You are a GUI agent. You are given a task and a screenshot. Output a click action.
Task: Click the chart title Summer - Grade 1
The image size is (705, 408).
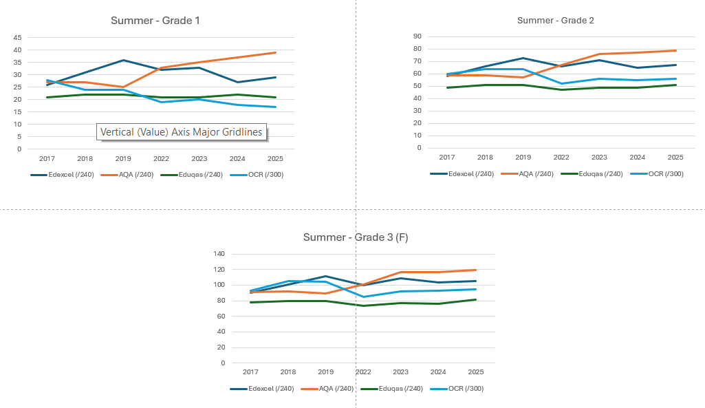tap(155, 21)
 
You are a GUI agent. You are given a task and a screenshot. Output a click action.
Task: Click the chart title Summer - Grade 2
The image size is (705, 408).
tap(555, 20)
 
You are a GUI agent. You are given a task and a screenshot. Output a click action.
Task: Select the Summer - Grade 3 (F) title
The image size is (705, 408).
tap(356, 237)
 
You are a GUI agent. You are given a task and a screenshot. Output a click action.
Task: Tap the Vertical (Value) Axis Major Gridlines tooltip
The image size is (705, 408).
tap(182, 132)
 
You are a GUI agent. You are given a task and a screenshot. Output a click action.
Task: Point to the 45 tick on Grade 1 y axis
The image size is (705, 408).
tap(17, 38)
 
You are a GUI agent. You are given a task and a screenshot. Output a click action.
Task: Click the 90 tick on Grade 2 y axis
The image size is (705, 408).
tap(417, 36)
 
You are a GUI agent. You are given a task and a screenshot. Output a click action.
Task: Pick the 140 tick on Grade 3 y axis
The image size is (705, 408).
tap(219, 254)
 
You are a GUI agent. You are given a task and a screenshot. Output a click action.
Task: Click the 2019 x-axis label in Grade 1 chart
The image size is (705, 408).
tap(123, 158)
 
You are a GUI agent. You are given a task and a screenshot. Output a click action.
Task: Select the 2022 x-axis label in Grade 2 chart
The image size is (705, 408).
tap(562, 157)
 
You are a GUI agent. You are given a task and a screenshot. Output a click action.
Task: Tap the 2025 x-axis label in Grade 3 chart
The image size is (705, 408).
tap(475, 372)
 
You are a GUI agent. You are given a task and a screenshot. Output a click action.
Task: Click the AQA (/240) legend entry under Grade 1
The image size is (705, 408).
tap(129, 175)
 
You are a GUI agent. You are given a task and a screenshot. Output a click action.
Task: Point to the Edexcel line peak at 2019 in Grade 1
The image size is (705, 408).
tap(123, 60)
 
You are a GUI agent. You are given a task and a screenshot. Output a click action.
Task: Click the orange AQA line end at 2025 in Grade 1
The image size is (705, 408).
tap(276, 52)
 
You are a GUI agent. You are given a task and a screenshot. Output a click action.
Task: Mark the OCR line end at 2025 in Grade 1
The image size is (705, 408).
tap(276, 107)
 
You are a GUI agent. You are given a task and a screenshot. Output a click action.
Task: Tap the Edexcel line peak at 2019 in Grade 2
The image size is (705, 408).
tap(523, 58)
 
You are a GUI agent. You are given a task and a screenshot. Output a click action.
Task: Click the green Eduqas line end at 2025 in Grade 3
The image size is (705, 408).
tap(475, 299)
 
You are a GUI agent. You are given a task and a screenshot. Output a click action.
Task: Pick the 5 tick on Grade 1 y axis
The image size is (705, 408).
tap(19, 137)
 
